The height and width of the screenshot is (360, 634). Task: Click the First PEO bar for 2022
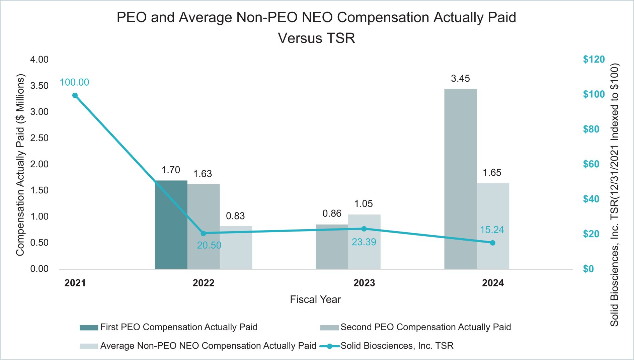[x=171, y=224]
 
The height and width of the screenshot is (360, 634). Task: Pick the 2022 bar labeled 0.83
[x=236, y=247]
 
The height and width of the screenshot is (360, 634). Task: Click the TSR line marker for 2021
[x=75, y=95]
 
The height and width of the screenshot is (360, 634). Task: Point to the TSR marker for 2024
[x=492, y=243]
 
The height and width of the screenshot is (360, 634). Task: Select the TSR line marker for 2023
[x=364, y=229]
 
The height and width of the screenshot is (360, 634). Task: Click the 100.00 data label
[x=74, y=82]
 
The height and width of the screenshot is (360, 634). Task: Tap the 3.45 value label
[x=460, y=79]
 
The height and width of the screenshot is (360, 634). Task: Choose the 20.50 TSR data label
[x=209, y=245]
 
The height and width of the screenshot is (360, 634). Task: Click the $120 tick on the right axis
[x=594, y=60]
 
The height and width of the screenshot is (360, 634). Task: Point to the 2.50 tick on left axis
[x=39, y=138]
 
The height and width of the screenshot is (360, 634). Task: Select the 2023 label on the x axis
[x=364, y=283]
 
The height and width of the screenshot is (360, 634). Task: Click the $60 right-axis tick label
[x=591, y=164]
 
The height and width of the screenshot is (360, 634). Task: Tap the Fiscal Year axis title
[x=315, y=299]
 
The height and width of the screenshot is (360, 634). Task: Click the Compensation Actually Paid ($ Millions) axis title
[x=20, y=165]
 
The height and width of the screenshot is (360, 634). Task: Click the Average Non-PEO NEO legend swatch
[x=89, y=346]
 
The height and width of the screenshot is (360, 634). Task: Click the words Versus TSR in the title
[x=316, y=38]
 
